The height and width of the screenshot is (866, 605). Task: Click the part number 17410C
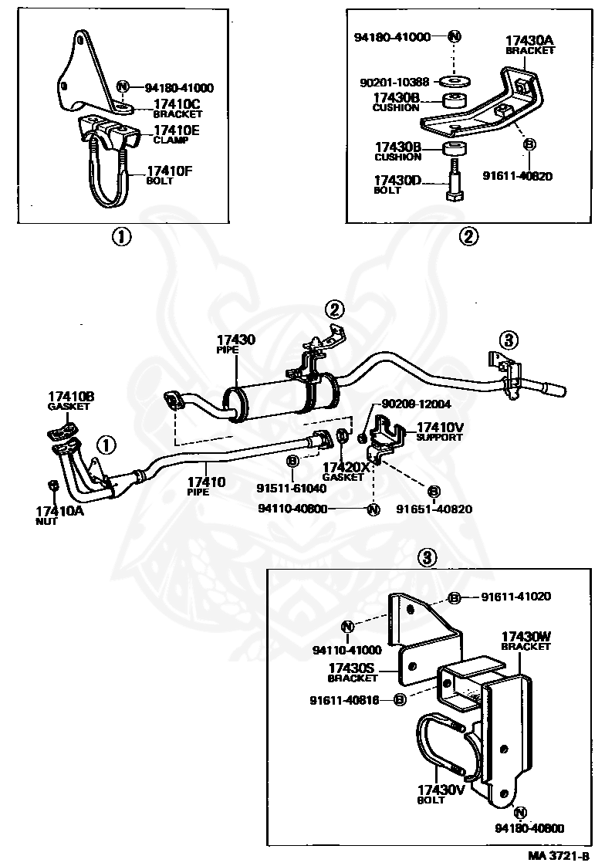[x=177, y=104]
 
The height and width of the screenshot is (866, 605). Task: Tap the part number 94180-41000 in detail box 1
[x=179, y=87]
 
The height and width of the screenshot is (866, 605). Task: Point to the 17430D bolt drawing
[x=453, y=181]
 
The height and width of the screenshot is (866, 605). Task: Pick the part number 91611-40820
[x=517, y=176]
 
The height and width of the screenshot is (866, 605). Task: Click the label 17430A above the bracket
[x=529, y=40]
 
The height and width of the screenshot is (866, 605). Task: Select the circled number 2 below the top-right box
[x=468, y=237]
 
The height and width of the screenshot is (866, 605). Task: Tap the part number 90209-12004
[x=416, y=404]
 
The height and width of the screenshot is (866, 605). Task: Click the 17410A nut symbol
[x=53, y=485]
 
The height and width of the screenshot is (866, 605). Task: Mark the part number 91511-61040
[x=291, y=489]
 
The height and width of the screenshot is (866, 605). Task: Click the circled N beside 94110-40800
[x=373, y=509]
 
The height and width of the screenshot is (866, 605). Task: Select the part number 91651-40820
[x=434, y=509]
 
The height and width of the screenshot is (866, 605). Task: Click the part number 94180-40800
[x=529, y=828]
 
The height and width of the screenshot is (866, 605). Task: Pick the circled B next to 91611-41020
[x=455, y=597]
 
